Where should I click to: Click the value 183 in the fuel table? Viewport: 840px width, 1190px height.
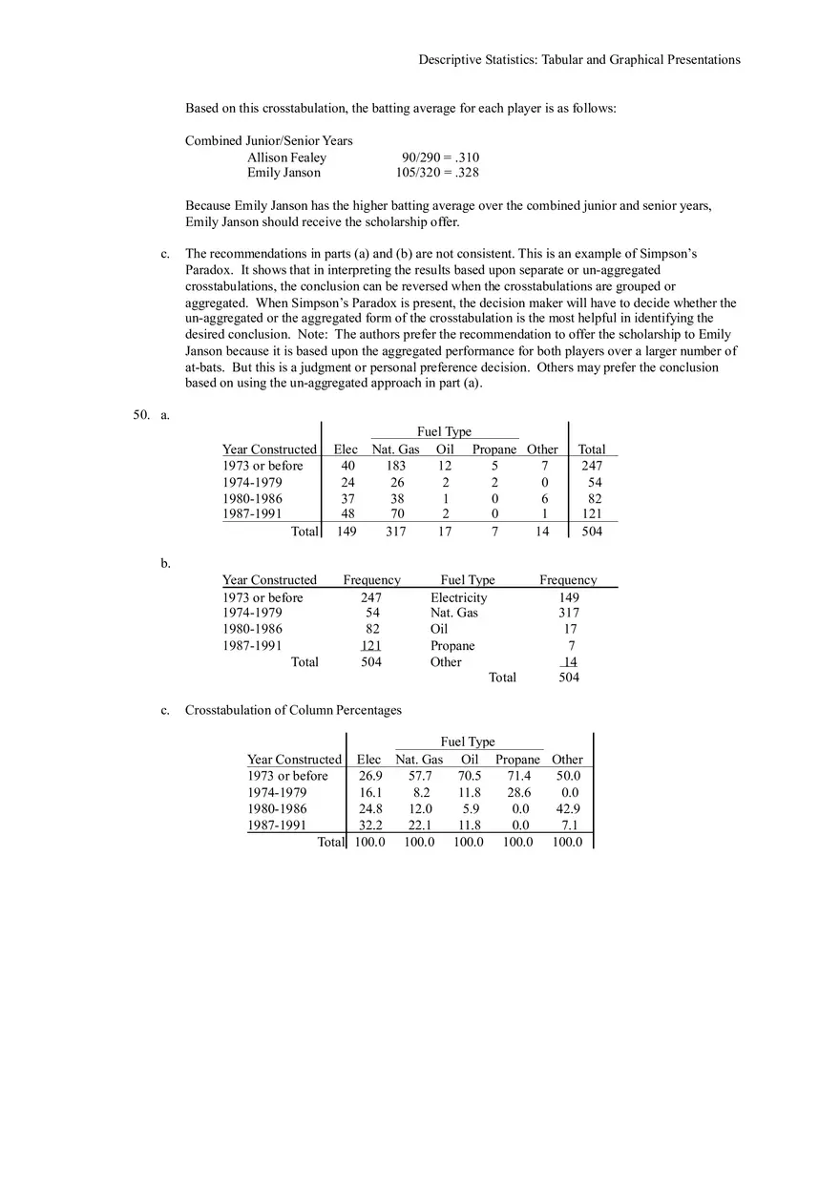[x=395, y=466]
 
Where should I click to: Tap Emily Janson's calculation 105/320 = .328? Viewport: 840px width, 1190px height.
[x=437, y=173]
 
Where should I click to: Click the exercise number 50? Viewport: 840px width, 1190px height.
[x=142, y=415]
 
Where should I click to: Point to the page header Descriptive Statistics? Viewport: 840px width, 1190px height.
[x=578, y=59]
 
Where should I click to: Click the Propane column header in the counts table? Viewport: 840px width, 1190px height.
[x=494, y=449]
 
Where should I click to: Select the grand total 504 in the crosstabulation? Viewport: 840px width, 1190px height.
[x=592, y=532]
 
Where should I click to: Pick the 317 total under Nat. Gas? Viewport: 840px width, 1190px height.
[x=395, y=532]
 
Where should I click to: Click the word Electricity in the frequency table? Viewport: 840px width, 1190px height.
[x=458, y=597]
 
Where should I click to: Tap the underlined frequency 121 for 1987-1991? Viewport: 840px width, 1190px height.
[x=371, y=646]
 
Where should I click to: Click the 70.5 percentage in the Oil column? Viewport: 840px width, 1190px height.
[x=471, y=776]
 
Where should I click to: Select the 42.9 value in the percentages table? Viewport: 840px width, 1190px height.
[x=568, y=808]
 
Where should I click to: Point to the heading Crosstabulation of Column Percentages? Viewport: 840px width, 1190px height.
[x=293, y=710]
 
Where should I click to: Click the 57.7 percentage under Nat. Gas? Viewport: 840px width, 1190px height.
[x=420, y=776]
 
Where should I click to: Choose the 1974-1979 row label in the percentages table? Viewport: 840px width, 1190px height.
[x=277, y=792]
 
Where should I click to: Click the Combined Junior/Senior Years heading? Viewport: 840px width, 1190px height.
[x=268, y=140]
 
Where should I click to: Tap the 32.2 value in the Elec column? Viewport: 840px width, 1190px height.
[x=370, y=825]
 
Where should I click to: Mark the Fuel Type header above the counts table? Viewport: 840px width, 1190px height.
[x=444, y=431]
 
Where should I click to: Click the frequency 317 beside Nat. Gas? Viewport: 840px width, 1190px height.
[x=568, y=613]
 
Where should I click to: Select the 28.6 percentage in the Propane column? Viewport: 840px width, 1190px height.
[x=519, y=792]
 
